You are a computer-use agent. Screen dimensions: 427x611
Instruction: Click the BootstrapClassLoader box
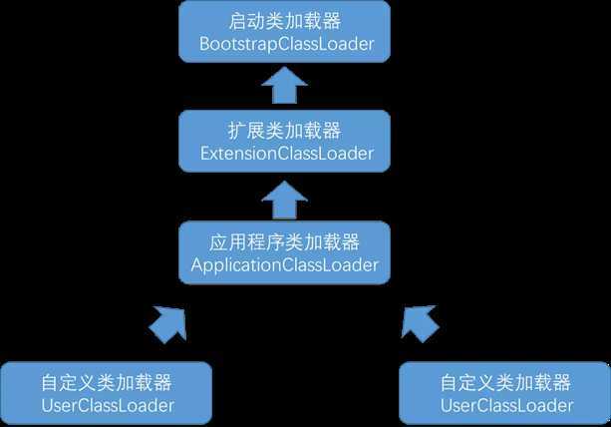tap(285, 32)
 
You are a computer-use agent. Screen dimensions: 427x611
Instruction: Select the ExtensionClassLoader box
tap(285, 142)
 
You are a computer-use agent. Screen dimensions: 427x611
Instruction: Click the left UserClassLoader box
tap(107, 393)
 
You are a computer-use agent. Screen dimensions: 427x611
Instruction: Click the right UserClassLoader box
tap(505, 393)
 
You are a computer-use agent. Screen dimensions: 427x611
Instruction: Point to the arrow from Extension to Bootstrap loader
tap(285, 87)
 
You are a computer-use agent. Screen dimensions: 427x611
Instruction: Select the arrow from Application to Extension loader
tap(285, 198)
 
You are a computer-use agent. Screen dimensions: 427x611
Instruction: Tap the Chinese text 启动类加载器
tap(285, 21)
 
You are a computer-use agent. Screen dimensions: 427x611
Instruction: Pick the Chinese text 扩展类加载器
tap(285, 131)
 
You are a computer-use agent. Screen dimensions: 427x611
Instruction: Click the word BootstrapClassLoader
tap(285, 44)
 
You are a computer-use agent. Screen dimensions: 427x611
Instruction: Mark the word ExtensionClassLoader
tap(285, 154)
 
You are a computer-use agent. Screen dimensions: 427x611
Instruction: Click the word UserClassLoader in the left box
tap(108, 405)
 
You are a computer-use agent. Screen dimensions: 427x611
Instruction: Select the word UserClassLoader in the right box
tap(506, 405)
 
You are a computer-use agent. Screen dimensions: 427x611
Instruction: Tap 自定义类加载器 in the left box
tap(107, 382)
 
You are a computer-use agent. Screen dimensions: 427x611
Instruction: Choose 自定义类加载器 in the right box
tap(505, 382)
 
